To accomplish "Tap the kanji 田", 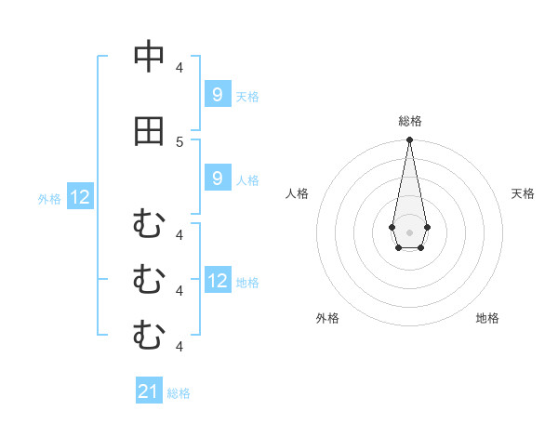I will point(149,131).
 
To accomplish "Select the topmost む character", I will point(149,224).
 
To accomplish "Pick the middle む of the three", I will point(149,279).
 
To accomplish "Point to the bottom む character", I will point(149,334).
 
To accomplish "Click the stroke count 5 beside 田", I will point(179,141).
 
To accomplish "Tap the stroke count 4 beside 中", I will point(179,67).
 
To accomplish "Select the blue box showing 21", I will point(150,391).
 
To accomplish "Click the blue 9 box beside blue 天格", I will point(217,94).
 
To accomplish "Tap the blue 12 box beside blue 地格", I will point(217,280).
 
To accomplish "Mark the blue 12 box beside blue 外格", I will point(80,196).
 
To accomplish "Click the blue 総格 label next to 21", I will point(179,393).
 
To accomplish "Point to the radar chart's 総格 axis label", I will point(410,121).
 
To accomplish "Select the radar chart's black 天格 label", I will point(524,193).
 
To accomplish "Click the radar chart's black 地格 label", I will point(487,318).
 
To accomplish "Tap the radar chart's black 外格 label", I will point(327,318).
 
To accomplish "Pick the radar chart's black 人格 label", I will point(297,193).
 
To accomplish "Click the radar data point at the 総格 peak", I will point(409,140).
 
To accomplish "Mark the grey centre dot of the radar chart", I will point(409,232).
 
